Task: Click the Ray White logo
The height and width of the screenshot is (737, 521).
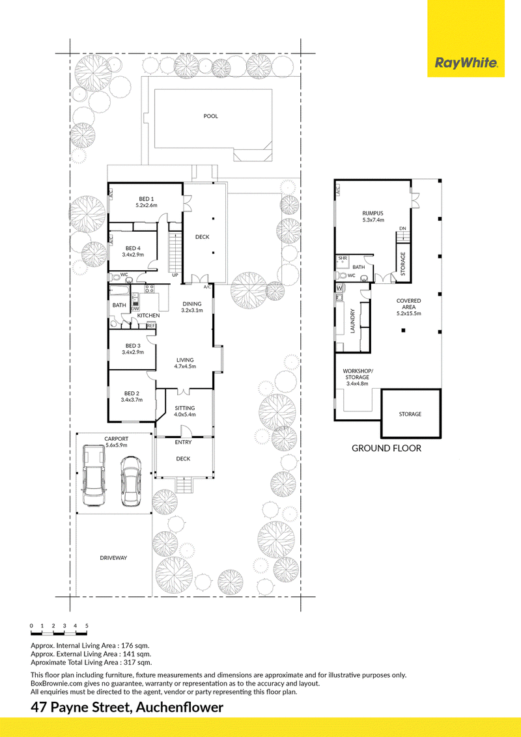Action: [x=466, y=63]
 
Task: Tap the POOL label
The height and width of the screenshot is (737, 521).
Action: [x=210, y=116]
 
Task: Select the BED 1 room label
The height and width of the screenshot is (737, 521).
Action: [x=147, y=199]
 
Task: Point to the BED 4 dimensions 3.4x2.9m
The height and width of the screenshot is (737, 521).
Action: [x=133, y=255]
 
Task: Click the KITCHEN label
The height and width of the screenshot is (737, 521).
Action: [x=148, y=315]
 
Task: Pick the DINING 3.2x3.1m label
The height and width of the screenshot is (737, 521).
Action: [x=192, y=307]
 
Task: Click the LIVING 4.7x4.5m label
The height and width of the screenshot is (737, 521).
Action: [x=184, y=363]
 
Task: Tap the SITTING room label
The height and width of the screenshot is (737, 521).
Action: [x=184, y=408]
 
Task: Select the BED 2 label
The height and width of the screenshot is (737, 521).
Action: [x=132, y=393]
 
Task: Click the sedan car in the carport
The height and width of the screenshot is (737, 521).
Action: [x=131, y=481]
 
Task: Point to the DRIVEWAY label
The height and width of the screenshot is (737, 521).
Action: [x=113, y=558]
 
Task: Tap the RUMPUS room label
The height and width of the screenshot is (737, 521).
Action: [x=373, y=214]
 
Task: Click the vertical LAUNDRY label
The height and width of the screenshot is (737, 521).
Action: [x=352, y=321]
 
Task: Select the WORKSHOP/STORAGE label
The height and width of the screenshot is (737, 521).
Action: [x=358, y=374]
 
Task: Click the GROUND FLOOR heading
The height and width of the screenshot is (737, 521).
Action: [x=387, y=449]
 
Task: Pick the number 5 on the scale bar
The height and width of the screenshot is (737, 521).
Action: [x=87, y=626]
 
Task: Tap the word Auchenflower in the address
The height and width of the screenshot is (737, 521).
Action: [x=180, y=708]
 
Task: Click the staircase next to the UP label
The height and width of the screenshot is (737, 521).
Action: [x=175, y=251]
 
